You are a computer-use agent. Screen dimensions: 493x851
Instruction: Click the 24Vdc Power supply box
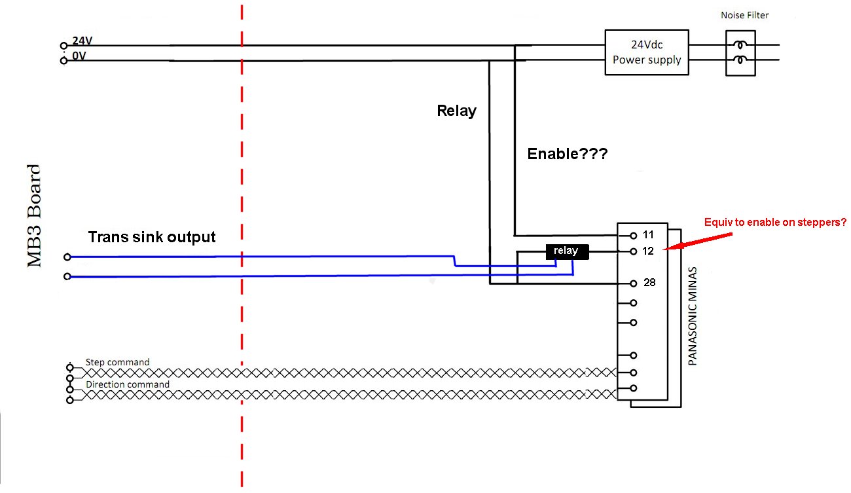tap(646, 52)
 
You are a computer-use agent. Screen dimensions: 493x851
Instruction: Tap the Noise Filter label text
tap(744, 15)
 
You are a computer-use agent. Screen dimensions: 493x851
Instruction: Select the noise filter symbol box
tap(740, 53)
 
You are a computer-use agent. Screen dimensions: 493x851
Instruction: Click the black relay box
tap(567, 251)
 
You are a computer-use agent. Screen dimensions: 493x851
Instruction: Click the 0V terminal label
tap(79, 56)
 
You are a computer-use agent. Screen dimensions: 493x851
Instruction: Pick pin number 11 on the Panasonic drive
tap(648, 234)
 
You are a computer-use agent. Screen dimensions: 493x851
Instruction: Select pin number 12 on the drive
tap(648, 251)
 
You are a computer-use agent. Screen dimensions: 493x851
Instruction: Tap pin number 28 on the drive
tap(648, 283)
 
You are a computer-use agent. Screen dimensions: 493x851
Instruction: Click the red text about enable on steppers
tap(775, 223)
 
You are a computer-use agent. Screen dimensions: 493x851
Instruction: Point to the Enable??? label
tap(567, 155)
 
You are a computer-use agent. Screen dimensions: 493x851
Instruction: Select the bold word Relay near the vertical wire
tap(456, 111)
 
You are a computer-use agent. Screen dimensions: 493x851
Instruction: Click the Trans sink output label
tap(152, 237)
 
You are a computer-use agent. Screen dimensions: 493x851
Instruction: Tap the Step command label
tap(117, 362)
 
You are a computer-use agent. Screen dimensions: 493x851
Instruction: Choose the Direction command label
tap(128, 384)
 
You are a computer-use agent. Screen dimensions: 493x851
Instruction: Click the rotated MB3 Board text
tap(34, 216)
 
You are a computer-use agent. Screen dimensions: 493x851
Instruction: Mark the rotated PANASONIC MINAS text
tap(693, 316)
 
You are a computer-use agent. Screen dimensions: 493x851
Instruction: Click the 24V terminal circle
tap(63, 46)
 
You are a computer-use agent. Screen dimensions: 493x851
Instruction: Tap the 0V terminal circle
tap(63, 61)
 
